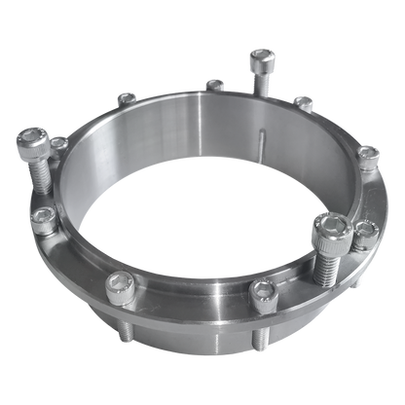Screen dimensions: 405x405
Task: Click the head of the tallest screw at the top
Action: pos(261,60)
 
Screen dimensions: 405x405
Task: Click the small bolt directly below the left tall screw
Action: pos(42,223)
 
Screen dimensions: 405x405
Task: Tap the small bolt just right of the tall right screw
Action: pos(365,229)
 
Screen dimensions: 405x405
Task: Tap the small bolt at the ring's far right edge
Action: pos(370,154)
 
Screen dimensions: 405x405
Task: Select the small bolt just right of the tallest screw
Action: pos(304,101)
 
